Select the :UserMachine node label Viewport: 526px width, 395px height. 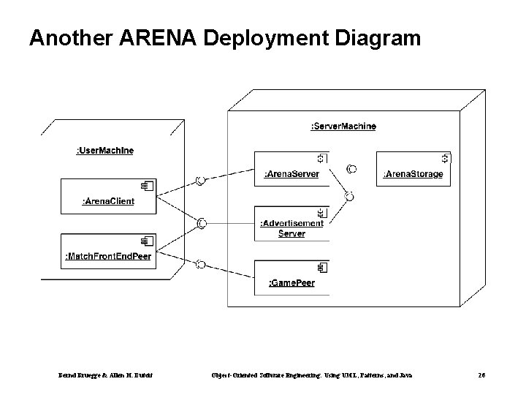click(x=105, y=151)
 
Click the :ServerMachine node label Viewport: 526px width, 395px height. click(x=343, y=127)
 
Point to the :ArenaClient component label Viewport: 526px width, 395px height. click(x=108, y=201)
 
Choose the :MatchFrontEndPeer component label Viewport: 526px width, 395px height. click(x=108, y=256)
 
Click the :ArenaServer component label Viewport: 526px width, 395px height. click(x=291, y=174)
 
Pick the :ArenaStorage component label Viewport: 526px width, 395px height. click(x=413, y=174)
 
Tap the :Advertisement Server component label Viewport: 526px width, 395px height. click(x=291, y=228)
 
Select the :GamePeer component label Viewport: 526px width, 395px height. click(x=291, y=282)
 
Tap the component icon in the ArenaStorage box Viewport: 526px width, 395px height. click(x=445, y=158)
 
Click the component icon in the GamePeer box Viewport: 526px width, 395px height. click(x=322, y=268)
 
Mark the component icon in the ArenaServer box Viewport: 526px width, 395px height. click(x=322, y=158)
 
